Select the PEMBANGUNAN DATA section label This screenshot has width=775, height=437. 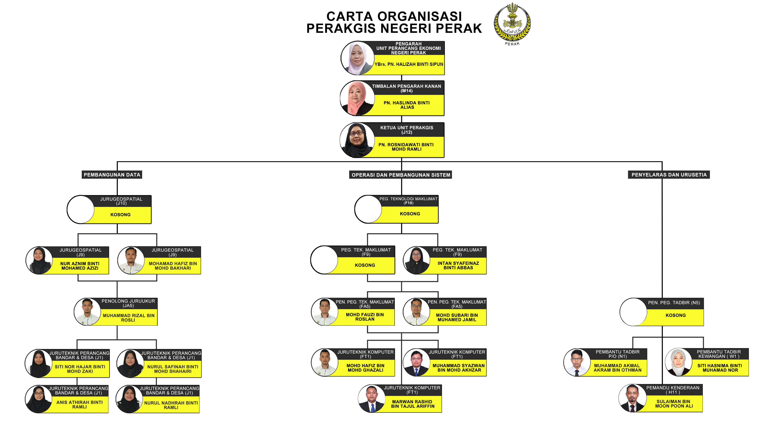112,175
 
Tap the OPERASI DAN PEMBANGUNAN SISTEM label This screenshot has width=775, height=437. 401,175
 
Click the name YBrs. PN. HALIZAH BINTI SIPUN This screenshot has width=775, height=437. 409,64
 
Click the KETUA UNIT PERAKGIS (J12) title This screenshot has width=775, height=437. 407,130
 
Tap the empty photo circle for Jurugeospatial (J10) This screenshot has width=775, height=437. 81,210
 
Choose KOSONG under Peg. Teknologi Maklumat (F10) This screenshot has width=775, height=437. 410,214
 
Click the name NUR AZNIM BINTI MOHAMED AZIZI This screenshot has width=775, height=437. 80,266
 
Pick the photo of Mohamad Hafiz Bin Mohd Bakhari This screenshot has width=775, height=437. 131,261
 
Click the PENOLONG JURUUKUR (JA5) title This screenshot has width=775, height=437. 128,303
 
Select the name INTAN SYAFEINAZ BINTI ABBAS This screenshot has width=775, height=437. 458,265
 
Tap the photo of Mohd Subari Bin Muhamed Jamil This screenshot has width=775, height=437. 416,312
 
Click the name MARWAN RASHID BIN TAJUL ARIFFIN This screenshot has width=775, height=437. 413,404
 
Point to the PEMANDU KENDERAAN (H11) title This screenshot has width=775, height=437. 673,390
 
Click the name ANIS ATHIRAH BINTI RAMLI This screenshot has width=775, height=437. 79,404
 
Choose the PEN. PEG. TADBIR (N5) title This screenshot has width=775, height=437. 674,303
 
